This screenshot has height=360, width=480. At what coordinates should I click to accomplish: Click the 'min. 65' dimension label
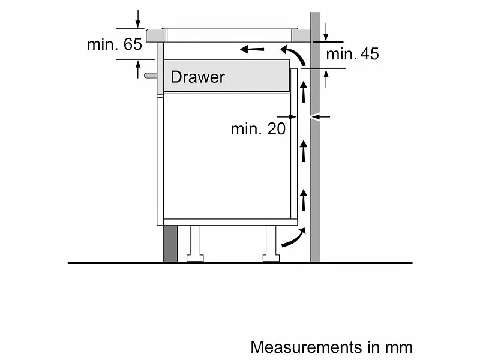115,44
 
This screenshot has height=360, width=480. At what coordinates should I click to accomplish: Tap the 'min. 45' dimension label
352,54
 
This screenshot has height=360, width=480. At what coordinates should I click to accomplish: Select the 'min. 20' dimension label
258,129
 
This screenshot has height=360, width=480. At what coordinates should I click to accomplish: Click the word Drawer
197,77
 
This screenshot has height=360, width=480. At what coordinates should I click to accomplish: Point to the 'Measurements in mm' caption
332,347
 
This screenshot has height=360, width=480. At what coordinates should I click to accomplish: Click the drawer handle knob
150,76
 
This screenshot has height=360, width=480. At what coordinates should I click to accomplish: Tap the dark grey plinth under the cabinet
170,244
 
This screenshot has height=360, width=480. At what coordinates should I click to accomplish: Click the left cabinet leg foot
195,259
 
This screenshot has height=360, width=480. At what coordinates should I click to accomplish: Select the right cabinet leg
271,244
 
